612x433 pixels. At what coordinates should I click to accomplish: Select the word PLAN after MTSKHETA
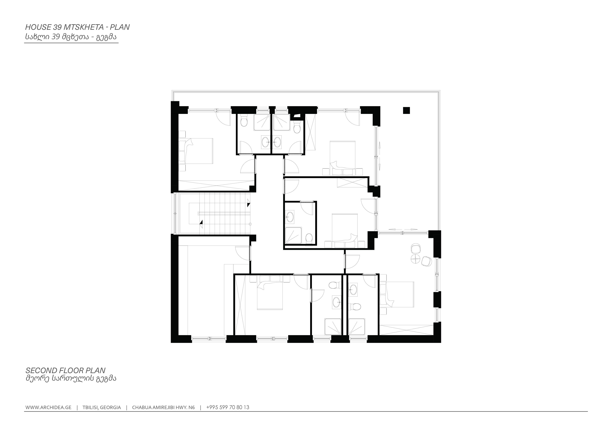120,27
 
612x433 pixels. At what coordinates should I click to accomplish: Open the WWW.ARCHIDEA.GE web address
48,407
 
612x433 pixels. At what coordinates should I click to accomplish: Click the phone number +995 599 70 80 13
228,407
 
